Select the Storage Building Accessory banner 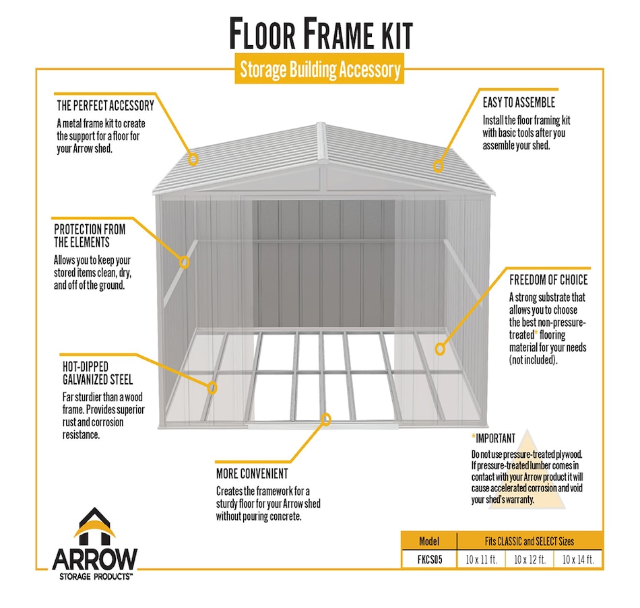point(319,69)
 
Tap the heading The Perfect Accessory point(105,106)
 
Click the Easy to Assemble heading point(519,102)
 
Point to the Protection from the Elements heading point(90,236)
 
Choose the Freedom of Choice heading point(548,279)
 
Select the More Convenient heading point(252,473)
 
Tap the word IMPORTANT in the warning point(496,438)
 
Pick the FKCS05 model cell point(429,560)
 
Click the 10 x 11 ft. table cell point(481,560)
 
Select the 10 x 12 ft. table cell point(530,560)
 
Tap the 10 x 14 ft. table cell point(578,560)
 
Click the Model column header point(429,541)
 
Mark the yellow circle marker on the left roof point(193,160)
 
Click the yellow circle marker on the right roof point(439,164)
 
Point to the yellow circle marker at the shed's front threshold point(327,419)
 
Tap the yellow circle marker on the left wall point(183,262)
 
